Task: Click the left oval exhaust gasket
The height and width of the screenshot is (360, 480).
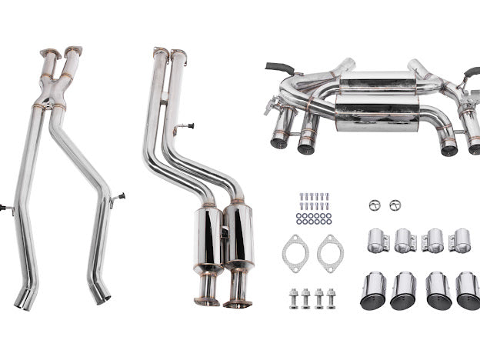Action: click(x=295, y=252)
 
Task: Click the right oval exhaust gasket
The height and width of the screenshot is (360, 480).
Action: click(x=330, y=252)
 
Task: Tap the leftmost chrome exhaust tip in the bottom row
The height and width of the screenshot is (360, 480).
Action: click(x=373, y=291)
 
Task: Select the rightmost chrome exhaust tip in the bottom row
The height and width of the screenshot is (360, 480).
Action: click(x=467, y=291)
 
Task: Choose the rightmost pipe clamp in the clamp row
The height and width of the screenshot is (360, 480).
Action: click(x=460, y=240)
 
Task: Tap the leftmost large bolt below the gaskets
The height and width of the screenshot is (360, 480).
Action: click(x=293, y=298)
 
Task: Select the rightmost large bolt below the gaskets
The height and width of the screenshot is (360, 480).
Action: click(x=332, y=298)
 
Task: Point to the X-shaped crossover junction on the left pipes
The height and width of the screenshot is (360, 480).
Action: click(x=55, y=93)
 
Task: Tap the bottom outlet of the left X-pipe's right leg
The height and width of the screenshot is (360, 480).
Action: click(x=99, y=295)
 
